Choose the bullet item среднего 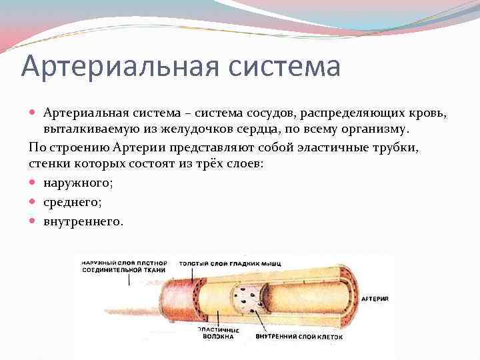pos(72,202)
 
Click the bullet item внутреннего pos(83,221)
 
